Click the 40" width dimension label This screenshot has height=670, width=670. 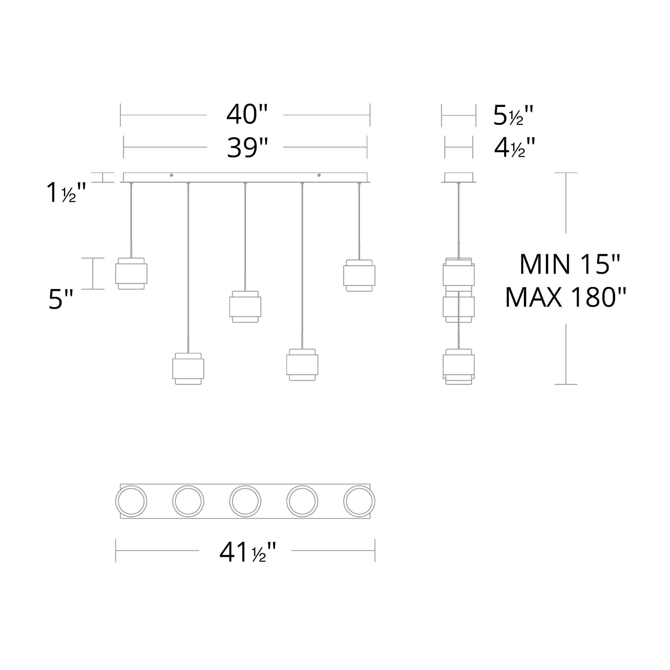pyautogui.click(x=247, y=115)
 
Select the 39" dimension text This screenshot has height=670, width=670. pyautogui.click(x=247, y=147)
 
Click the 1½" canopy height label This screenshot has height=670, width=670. pyautogui.click(x=66, y=193)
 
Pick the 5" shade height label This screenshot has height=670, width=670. pyautogui.click(x=61, y=299)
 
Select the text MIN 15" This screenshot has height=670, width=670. pyautogui.click(x=569, y=264)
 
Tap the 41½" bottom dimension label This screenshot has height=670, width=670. pyautogui.click(x=247, y=553)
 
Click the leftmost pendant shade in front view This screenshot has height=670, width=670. pyautogui.click(x=131, y=274)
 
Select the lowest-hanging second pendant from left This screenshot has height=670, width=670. pyautogui.click(x=188, y=368)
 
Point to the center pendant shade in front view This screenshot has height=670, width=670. pyautogui.click(x=245, y=307)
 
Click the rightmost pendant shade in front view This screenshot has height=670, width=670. pyautogui.click(x=359, y=275)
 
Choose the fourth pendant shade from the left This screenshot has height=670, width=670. pyautogui.click(x=302, y=365)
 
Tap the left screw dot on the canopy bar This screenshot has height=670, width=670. pyautogui.click(x=171, y=176)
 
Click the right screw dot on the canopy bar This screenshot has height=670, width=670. pyautogui.click(x=319, y=176)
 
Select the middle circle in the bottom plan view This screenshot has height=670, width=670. pyautogui.click(x=245, y=501)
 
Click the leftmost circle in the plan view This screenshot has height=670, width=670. pyautogui.click(x=131, y=501)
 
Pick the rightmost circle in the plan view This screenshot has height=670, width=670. pyautogui.click(x=359, y=501)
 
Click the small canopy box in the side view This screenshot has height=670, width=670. pyautogui.click(x=459, y=177)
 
